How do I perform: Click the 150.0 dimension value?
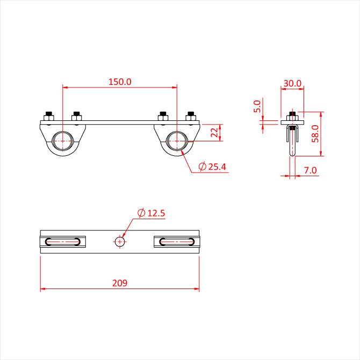[x=120, y=82]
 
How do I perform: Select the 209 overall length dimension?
[x=120, y=283]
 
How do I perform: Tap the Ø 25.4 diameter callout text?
[x=212, y=167]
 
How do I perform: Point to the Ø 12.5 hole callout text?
[x=152, y=213]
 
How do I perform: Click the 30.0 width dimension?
[x=292, y=83]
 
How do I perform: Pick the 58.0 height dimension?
[x=315, y=134]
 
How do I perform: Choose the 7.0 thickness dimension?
[x=310, y=170]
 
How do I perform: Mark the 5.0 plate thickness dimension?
[x=257, y=106]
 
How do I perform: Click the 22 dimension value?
[x=214, y=133]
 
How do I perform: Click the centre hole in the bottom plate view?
[x=120, y=242]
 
